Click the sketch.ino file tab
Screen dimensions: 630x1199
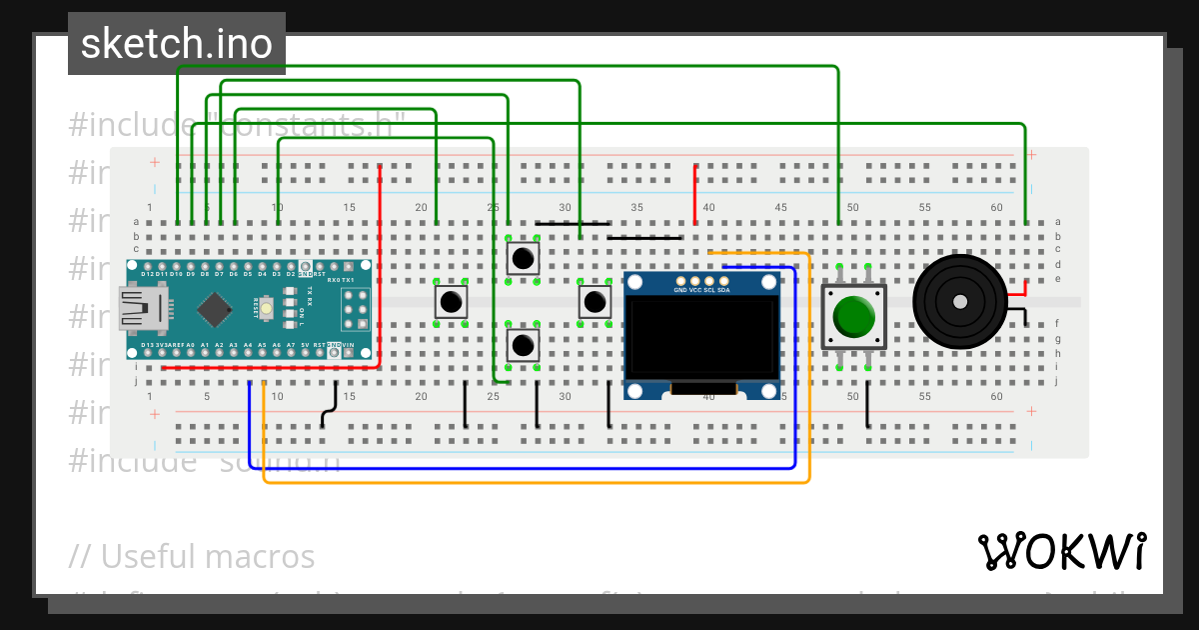coord(177,44)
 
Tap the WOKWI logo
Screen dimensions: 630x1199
coord(1061,551)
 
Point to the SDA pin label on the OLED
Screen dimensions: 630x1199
coord(723,290)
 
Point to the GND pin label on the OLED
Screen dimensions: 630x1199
coord(680,290)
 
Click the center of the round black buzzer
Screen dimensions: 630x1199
coord(959,301)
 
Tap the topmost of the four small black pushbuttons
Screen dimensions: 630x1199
coord(523,258)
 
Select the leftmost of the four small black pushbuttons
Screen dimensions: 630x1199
coord(451,301)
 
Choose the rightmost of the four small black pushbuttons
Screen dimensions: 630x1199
coord(595,301)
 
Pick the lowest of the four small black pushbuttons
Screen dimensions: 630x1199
coord(523,346)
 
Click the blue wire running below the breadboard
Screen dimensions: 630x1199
coord(520,467)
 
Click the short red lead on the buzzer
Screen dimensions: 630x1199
coord(1018,293)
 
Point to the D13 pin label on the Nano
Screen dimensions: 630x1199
coord(147,345)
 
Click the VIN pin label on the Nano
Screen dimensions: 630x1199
coord(348,345)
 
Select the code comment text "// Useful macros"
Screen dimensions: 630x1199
coord(192,556)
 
